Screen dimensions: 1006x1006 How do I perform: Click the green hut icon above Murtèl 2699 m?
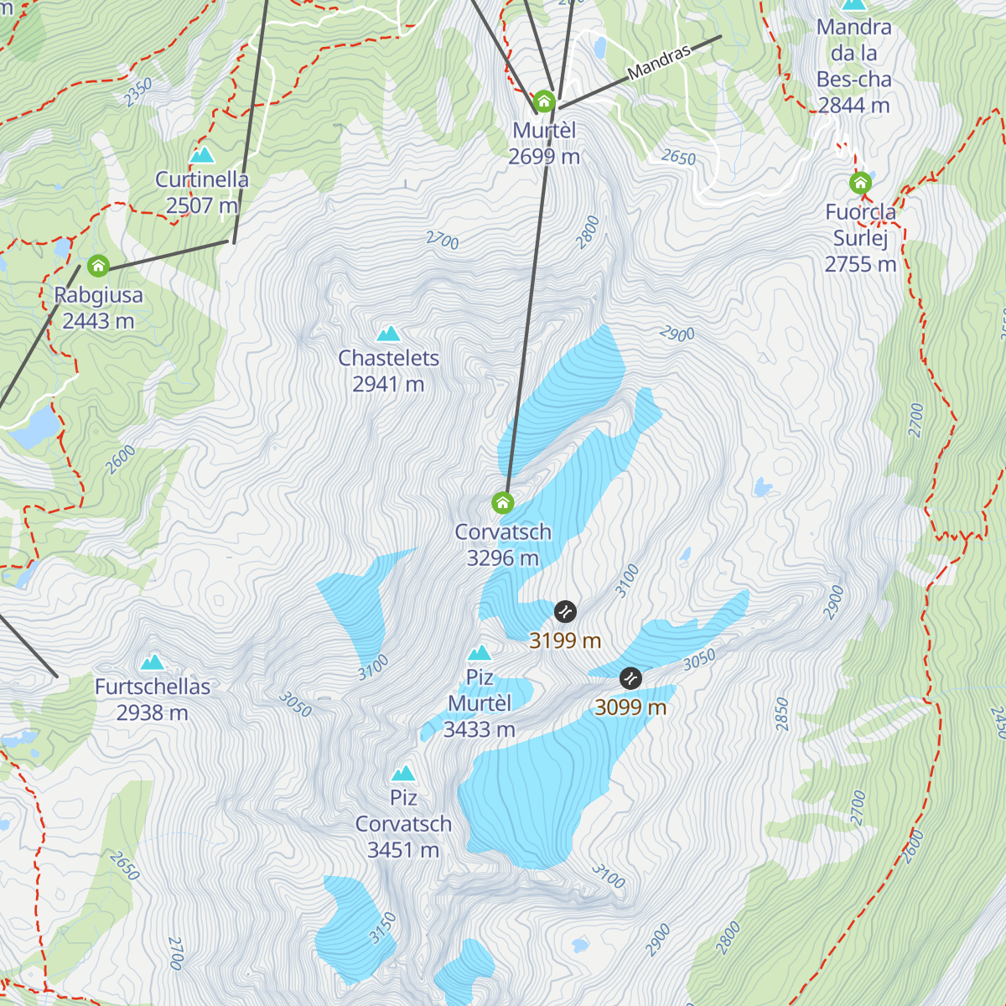click(x=544, y=102)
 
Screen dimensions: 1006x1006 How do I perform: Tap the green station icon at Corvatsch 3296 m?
click(x=502, y=503)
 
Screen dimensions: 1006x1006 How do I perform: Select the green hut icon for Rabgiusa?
click(x=98, y=267)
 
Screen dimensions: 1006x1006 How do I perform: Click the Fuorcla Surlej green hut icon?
click(x=859, y=183)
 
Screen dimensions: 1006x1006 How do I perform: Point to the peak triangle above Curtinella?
click(x=201, y=155)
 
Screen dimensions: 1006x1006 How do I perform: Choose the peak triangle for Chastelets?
click(x=388, y=334)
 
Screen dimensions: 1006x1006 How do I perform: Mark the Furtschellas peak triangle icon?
click(x=153, y=662)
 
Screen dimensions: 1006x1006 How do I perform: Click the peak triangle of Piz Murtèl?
click(x=480, y=652)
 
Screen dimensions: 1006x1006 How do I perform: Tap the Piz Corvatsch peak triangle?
click(x=403, y=773)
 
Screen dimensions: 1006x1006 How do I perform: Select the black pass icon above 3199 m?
click(x=565, y=611)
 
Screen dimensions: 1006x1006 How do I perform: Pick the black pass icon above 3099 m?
click(x=630, y=677)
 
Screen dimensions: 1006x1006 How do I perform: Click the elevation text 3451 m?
click(x=403, y=850)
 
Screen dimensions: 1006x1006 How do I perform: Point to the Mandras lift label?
click(x=659, y=61)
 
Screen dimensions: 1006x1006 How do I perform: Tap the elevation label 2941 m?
click(x=388, y=384)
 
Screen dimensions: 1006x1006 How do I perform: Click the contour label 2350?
click(x=138, y=92)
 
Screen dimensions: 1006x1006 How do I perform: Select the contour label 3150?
click(x=382, y=928)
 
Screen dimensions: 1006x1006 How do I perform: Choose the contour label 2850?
click(x=782, y=713)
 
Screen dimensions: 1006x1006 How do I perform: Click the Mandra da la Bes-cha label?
click(x=853, y=66)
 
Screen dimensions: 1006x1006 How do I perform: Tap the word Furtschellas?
click(x=153, y=687)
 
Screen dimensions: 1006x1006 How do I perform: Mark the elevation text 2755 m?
click(x=860, y=264)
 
